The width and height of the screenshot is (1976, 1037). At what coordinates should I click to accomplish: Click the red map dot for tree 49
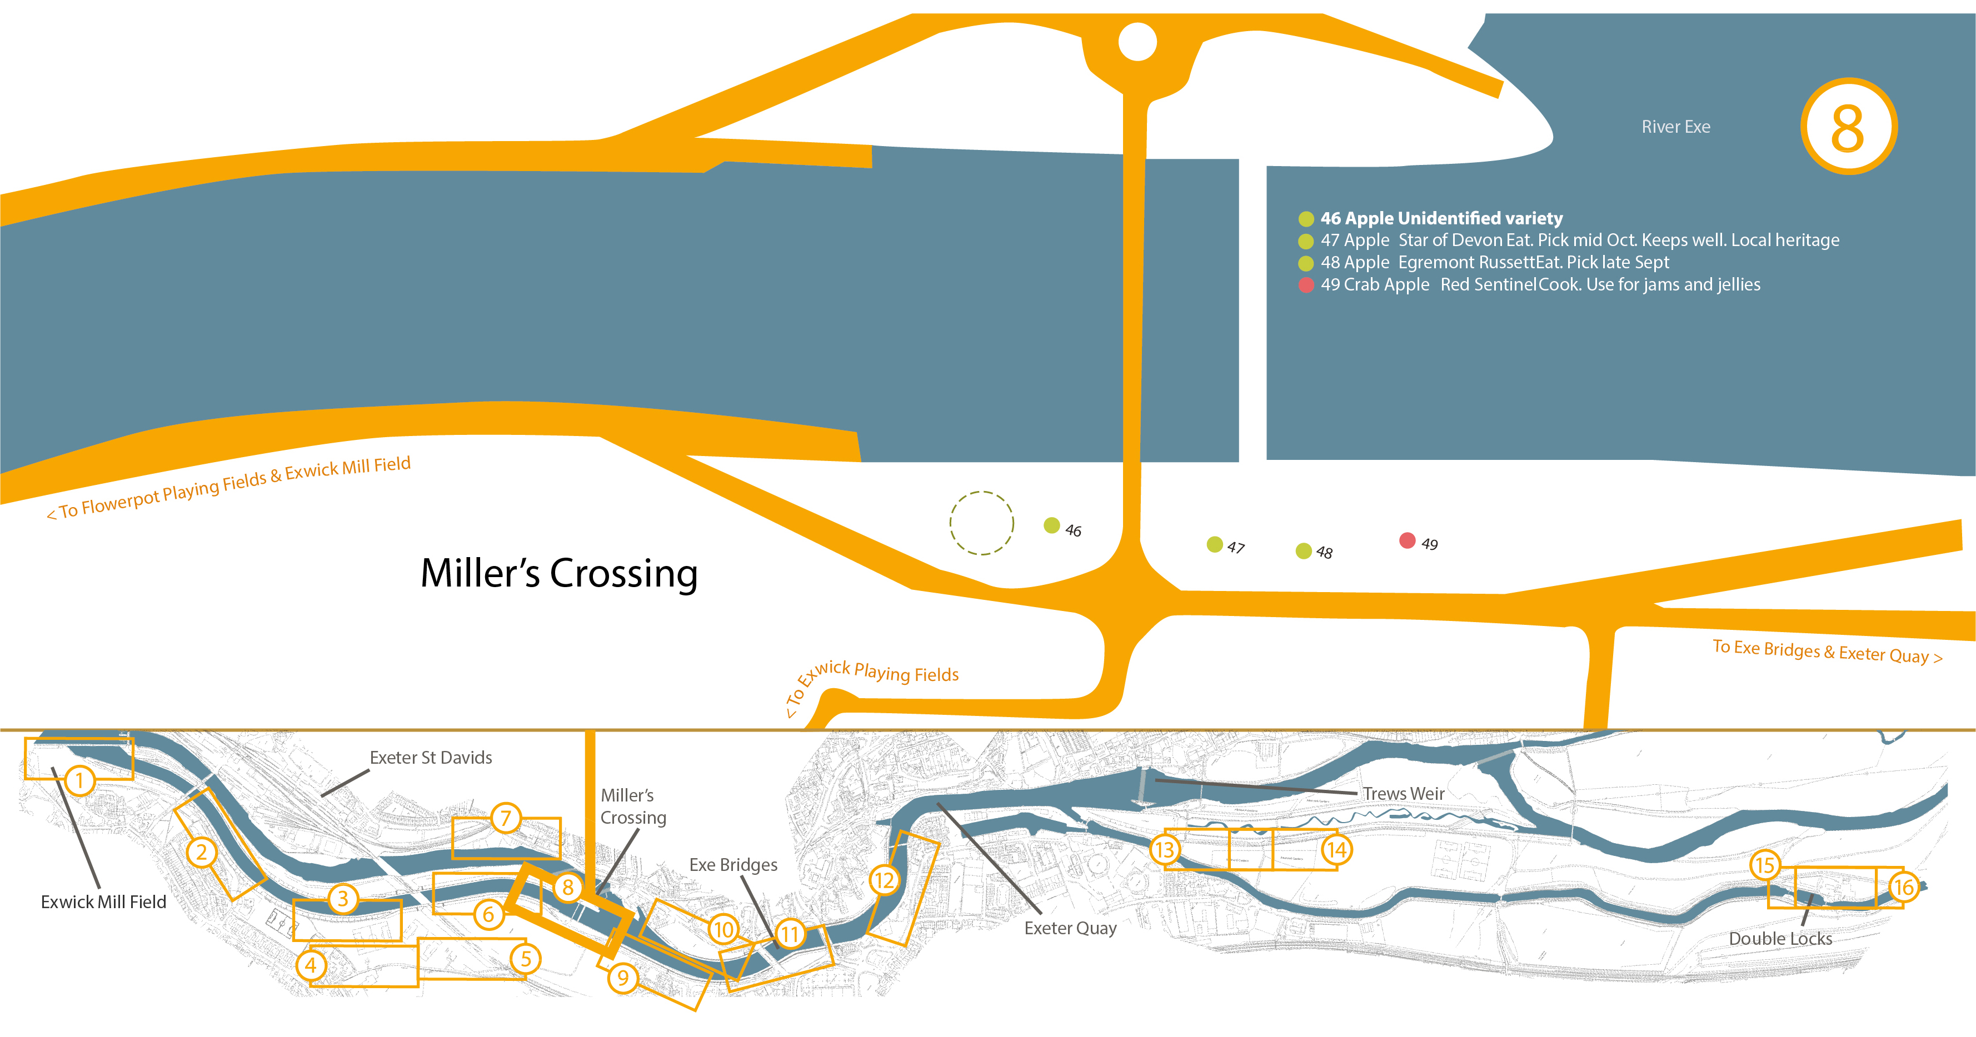[x=1407, y=540]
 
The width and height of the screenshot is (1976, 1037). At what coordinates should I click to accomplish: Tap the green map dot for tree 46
[x=1052, y=525]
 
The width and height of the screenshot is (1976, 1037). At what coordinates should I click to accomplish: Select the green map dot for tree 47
[x=1214, y=544]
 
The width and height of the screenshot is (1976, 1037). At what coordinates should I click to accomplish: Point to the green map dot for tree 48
[x=1303, y=550]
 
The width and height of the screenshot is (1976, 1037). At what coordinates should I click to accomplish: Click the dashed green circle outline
[x=981, y=523]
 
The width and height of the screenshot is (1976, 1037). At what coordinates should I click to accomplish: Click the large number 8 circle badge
[x=1848, y=127]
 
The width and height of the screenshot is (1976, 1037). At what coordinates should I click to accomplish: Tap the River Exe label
[x=1675, y=127]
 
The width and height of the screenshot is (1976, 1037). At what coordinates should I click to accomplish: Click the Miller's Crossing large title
[x=559, y=573]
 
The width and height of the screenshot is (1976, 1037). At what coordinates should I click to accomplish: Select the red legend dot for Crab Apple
[x=1306, y=284]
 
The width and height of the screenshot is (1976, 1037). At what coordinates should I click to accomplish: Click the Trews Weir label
[x=1403, y=794]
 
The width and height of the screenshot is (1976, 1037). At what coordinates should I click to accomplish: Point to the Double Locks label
[x=1780, y=939]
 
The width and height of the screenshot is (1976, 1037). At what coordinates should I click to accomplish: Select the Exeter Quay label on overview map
[x=1070, y=928]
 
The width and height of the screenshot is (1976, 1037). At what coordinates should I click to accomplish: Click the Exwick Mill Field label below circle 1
[x=103, y=902]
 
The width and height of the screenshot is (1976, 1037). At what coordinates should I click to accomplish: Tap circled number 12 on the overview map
[x=884, y=880]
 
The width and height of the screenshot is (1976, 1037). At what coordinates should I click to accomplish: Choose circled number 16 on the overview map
[x=1903, y=888]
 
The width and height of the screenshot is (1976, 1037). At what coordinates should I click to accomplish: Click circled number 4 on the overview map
[x=311, y=965]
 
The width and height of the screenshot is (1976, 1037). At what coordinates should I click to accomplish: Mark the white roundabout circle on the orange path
[x=1137, y=42]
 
